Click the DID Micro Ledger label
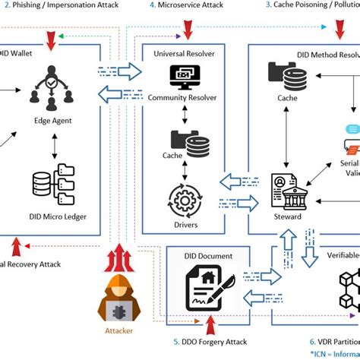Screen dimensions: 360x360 tap(50, 217)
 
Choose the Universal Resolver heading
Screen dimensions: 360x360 tap(185, 53)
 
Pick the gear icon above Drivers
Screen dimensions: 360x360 tap(184, 199)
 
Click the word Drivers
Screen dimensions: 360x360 tap(184, 225)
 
